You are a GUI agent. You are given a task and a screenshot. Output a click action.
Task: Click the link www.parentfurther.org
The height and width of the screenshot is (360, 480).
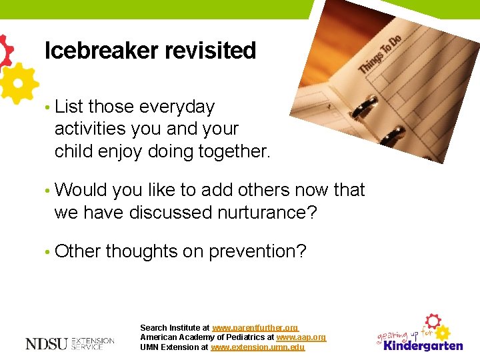(x=255, y=328)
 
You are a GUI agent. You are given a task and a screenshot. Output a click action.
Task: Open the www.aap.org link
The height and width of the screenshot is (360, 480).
(x=301, y=337)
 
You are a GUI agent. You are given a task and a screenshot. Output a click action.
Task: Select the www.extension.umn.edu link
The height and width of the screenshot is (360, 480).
(x=257, y=347)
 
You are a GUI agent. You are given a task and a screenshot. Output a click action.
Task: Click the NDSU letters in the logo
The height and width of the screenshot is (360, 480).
(x=46, y=344)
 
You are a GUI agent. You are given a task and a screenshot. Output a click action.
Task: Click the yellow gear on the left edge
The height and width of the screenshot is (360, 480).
(x=16, y=83)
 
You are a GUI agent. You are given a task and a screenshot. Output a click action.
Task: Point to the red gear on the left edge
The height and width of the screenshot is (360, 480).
(x=5, y=50)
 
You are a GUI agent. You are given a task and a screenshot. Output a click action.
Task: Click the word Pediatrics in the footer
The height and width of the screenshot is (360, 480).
(x=242, y=337)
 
